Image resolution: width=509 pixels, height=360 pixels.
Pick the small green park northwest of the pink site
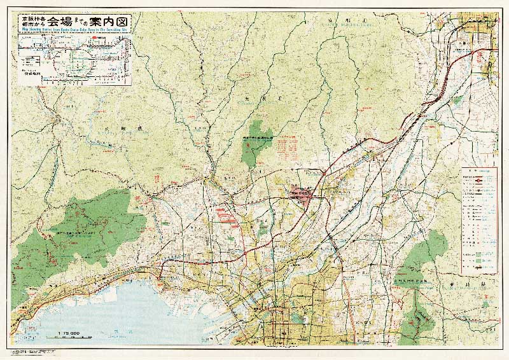point(256,141)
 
